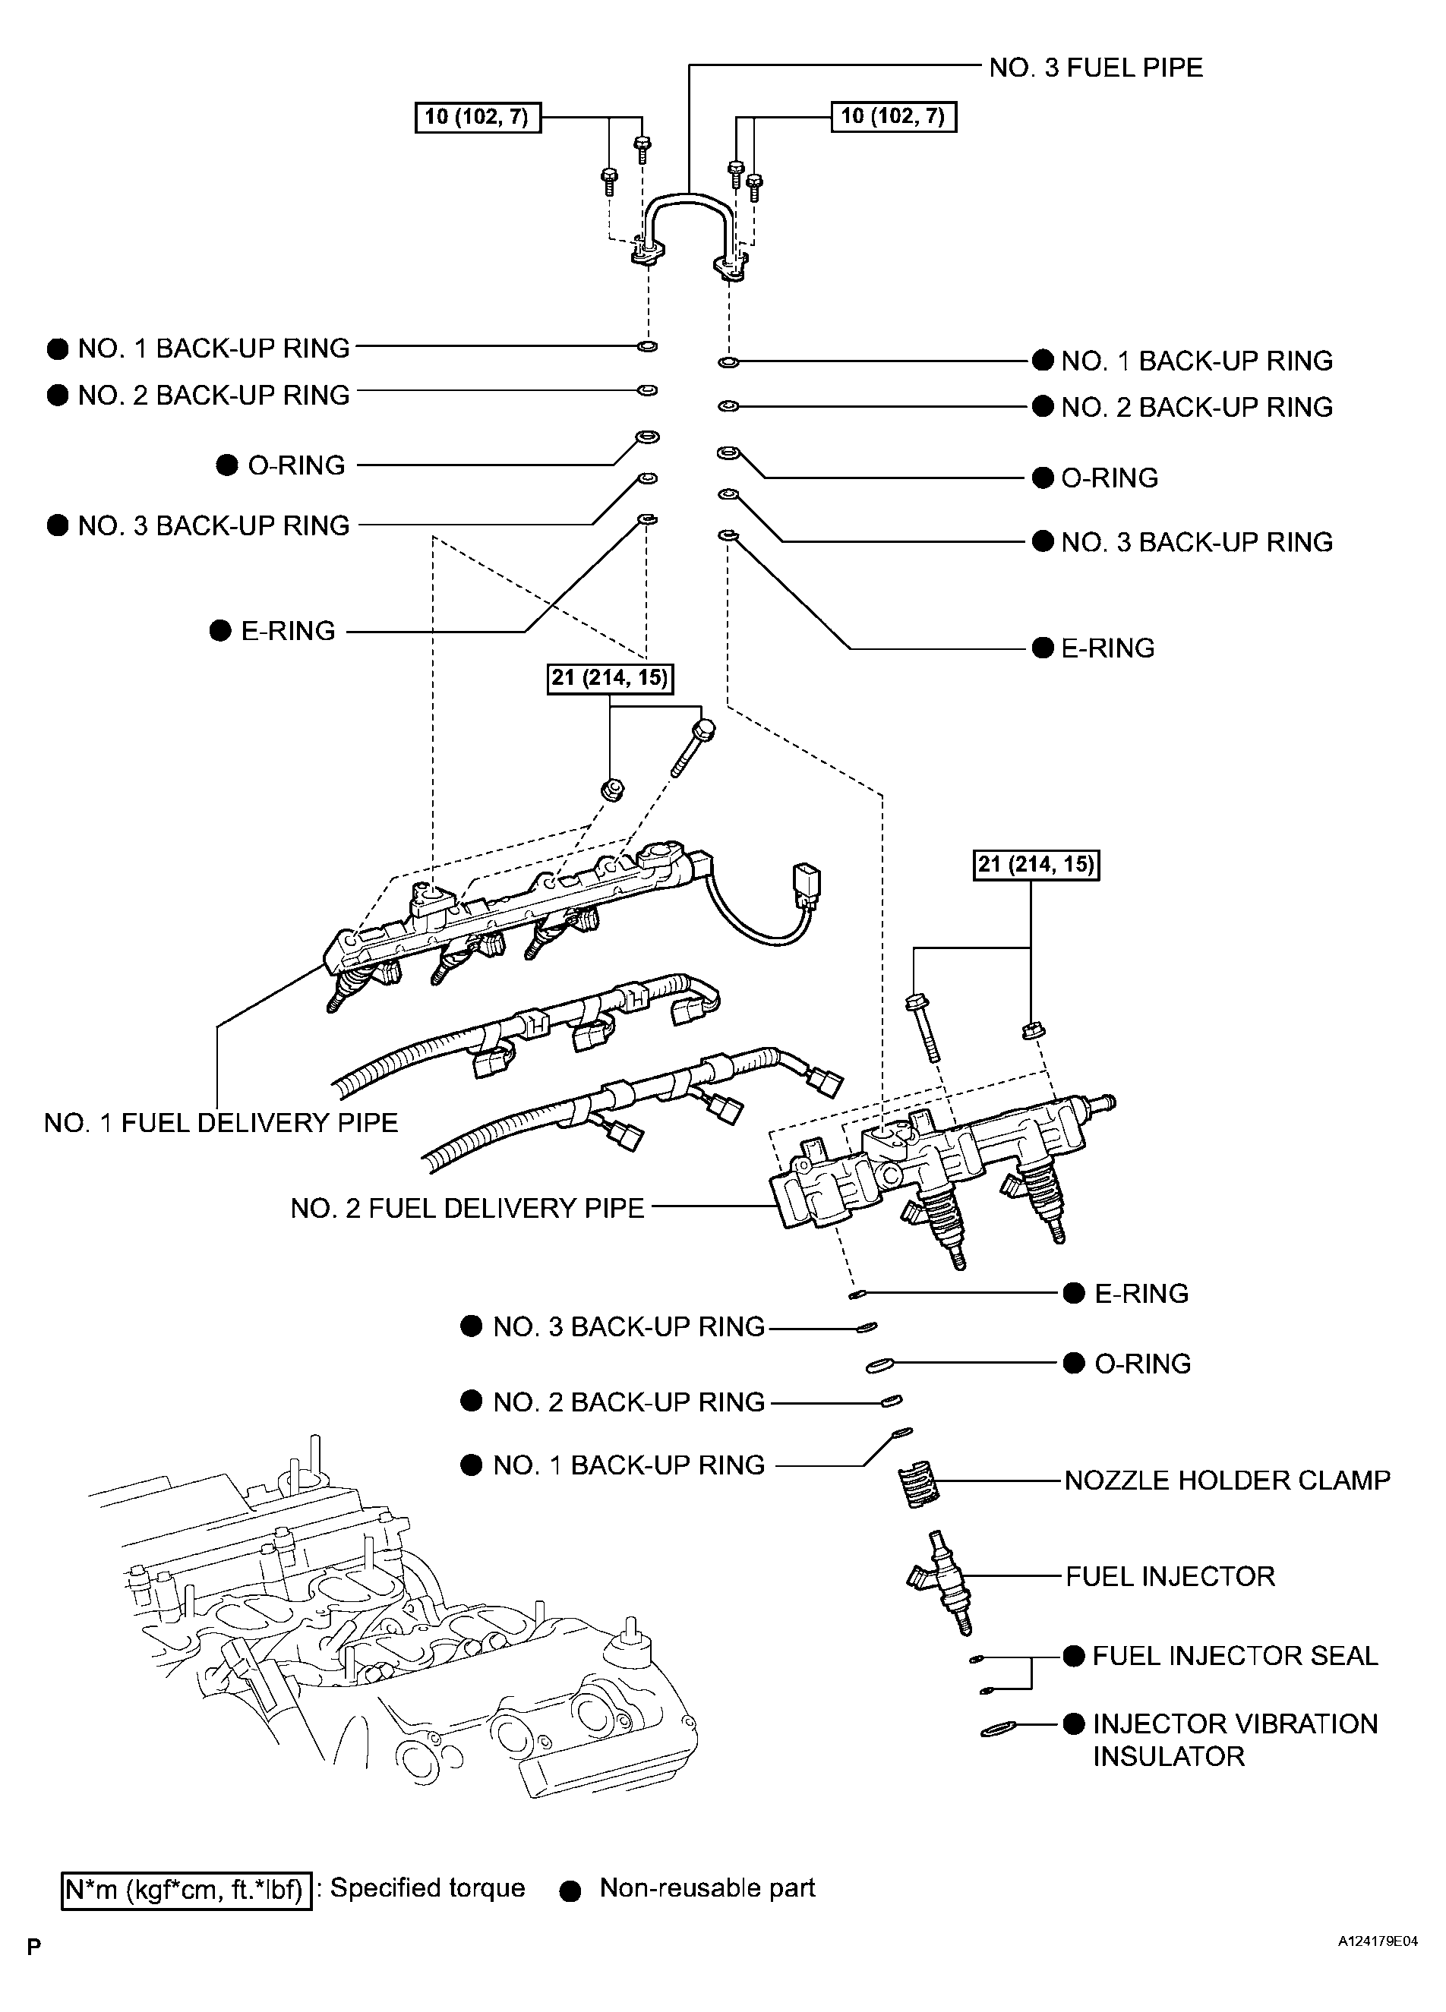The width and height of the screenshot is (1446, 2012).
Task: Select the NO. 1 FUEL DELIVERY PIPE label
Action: (221, 1123)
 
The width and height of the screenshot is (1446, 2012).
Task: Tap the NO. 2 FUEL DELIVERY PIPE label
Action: (466, 1208)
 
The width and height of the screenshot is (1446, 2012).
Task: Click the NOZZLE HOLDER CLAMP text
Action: (1227, 1481)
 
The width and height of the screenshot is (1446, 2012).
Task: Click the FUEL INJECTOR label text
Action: (1170, 1576)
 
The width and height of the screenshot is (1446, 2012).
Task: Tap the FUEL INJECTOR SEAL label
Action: (1234, 1655)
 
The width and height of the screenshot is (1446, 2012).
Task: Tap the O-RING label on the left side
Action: (295, 465)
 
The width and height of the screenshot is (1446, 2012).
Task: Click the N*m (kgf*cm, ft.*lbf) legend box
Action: (186, 1889)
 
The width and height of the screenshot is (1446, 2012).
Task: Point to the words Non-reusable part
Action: (707, 1887)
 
